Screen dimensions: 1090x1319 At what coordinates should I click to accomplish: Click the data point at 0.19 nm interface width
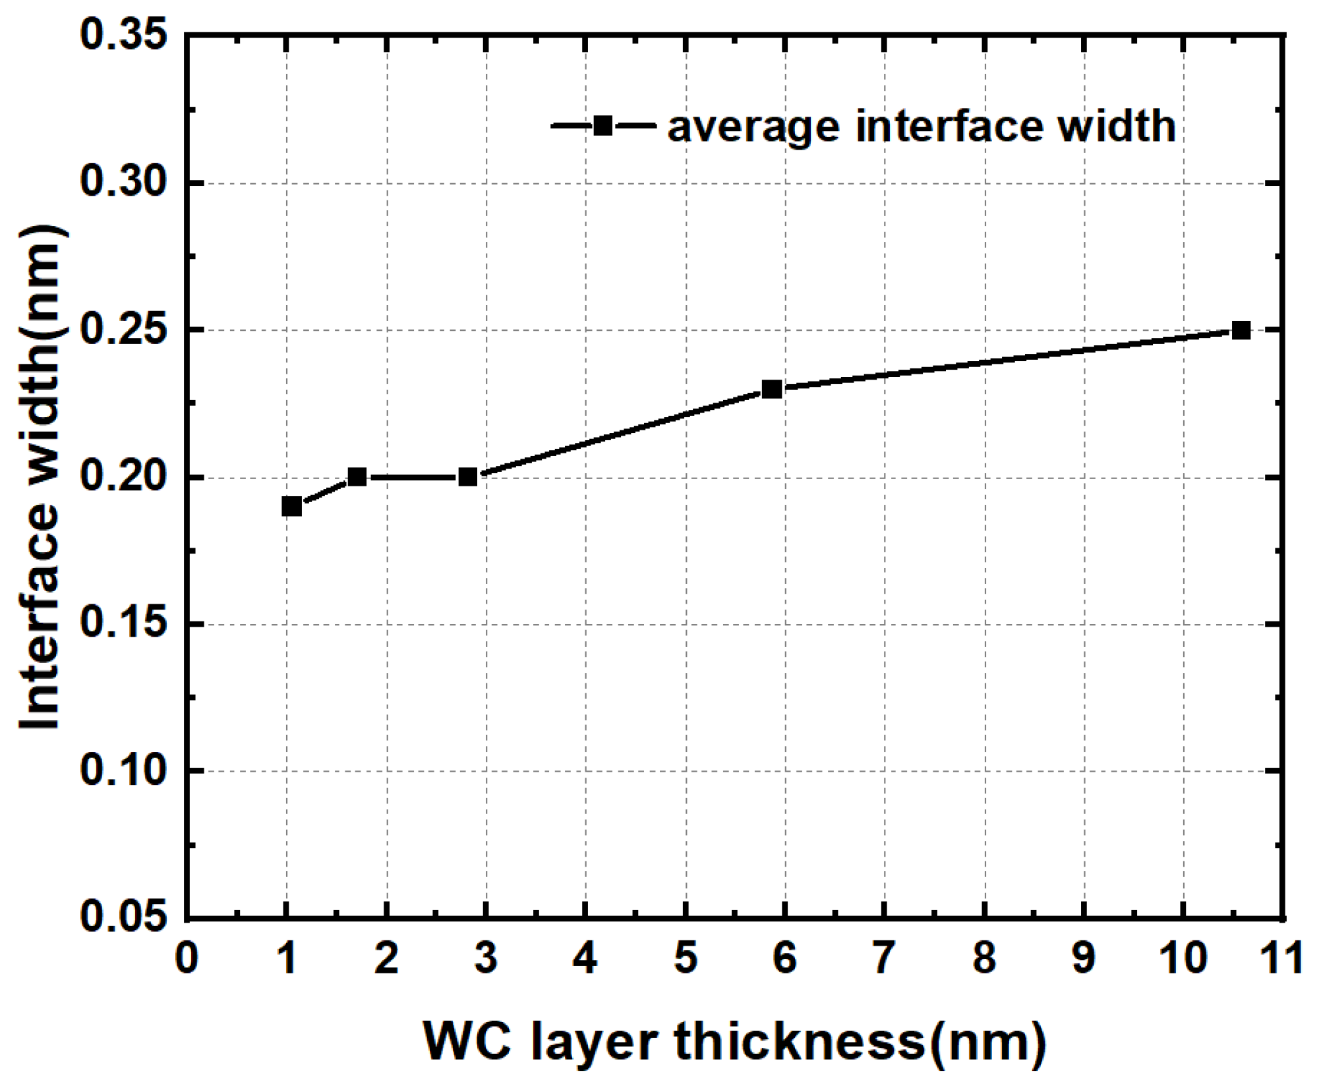[x=291, y=506]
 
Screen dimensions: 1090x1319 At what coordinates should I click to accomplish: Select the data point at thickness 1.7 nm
[x=357, y=476]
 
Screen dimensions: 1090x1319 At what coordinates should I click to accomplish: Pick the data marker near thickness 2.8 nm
[x=467, y=476]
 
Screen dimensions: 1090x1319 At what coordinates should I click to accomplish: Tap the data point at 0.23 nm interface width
[x=772, y=389]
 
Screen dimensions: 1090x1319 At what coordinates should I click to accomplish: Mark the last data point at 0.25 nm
[x=1241, y=330]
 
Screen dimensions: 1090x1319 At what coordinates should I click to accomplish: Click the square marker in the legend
[x=602, y=125]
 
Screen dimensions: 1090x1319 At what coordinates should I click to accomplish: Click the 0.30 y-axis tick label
[x=123, y=182]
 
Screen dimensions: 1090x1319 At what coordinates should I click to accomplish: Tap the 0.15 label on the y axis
[x=123, y=623]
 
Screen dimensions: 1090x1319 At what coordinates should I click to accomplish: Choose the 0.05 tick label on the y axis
[x=123, y=917]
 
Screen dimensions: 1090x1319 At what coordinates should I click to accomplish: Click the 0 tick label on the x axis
[x=187, y=958]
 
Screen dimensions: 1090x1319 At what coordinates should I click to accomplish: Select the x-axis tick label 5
[x=686, y=958]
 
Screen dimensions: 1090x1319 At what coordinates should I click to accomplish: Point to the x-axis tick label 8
[x=985, y=958]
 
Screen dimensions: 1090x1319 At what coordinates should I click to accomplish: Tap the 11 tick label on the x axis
[x=1281, y=958]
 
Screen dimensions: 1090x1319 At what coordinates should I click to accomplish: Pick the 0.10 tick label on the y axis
[x=123, y=770]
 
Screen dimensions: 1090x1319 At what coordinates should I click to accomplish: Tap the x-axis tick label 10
[x=1184, y=958]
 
